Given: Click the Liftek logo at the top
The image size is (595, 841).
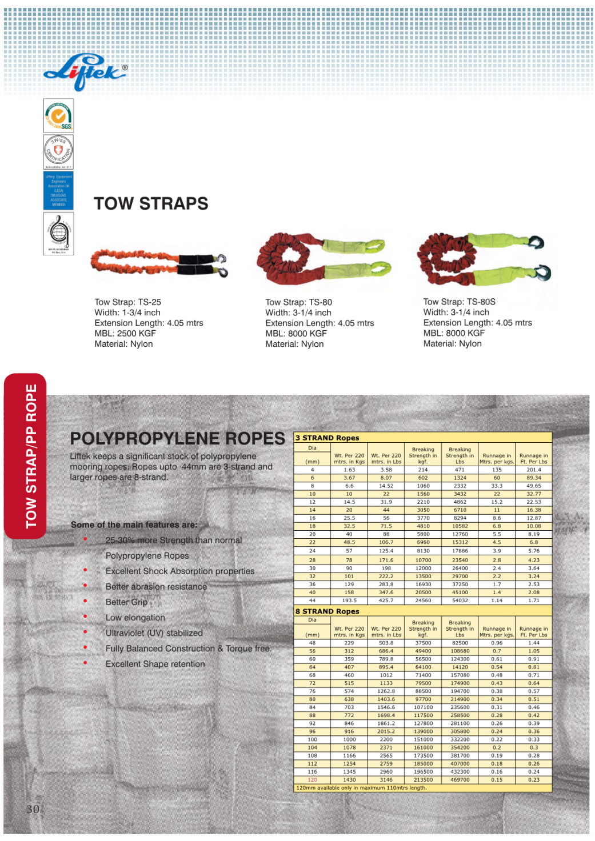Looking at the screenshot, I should pos(85,73).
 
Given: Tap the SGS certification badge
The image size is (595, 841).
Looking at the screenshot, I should pos(59,116).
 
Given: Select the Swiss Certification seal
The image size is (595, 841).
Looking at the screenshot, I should pos(58,151).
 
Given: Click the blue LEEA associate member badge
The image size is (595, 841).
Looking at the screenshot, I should pos(58,191).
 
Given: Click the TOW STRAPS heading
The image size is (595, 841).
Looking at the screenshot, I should pos(151,203).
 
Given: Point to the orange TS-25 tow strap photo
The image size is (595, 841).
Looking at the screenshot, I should pos(159,264).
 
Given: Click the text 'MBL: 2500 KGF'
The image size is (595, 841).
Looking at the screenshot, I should pos(125,333).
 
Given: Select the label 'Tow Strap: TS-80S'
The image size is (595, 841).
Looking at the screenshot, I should pos(459,302).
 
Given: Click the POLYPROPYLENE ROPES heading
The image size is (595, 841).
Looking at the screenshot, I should pos(177,438).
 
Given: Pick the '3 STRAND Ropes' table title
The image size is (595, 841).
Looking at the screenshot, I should pos(328,438).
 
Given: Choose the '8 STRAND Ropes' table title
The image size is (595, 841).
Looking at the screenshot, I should pos(328,611).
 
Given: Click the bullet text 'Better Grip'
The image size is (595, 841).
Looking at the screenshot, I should pos(126,602).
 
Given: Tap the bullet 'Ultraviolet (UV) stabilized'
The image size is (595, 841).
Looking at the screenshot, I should pos(154,633).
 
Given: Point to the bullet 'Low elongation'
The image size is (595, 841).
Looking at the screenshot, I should pos(135,618).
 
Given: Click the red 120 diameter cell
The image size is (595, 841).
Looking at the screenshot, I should pos(312,780).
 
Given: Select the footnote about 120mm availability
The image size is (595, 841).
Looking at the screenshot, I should pos(361,788).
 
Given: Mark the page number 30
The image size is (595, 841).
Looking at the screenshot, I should pos(33,809).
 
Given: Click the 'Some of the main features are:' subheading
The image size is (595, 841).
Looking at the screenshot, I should pos(134,524).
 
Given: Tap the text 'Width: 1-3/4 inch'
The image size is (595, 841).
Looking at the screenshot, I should pos(127,313).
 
